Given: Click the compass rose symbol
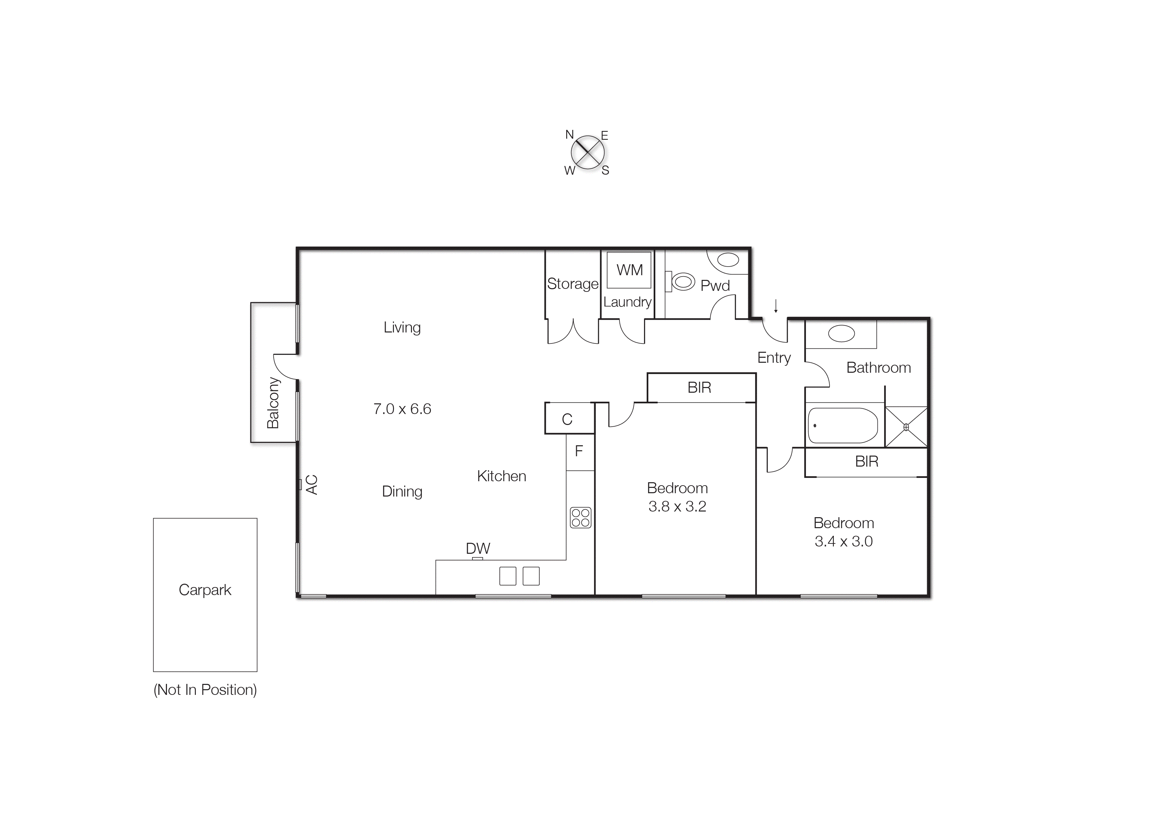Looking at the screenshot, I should pyautogui.click(x=587, y=152).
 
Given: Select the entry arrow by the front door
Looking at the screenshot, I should pyautogui.click(x=776, y=306).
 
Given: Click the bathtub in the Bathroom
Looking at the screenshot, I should pyautogui.click(x=843, y=425).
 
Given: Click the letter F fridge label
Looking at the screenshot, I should pyautogui.click(x=579, y=451).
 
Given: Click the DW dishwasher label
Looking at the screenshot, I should pyautogui.click(x=478, y=548).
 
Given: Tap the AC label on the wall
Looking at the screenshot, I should pyautogui.click(x=312, y=485).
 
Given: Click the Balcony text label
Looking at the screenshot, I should pyautogui.click(x=273, y=403).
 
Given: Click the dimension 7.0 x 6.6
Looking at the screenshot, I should pyautogui.click(x=402, y=409).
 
